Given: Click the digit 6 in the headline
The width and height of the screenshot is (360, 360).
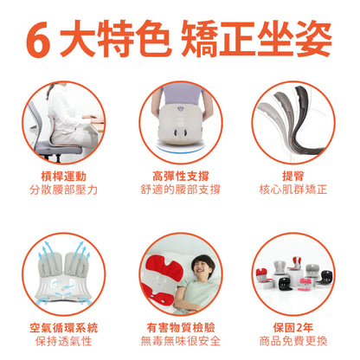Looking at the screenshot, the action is (38, 40).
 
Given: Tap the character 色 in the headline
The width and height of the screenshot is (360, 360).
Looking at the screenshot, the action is (152, 38).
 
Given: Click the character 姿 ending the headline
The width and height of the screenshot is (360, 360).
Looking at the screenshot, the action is (314, 38).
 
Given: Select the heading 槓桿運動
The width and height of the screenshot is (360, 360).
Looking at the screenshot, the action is (63, 176).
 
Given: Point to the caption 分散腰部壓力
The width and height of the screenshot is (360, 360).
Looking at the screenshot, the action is (63, 190).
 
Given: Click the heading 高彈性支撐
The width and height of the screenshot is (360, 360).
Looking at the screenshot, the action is (181, 176).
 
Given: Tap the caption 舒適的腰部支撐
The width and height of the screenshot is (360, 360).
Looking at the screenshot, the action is (181, 190).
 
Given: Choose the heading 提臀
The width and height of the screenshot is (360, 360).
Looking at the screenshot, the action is (293, 176).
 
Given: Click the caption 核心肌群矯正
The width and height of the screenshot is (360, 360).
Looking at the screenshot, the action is (293, 190).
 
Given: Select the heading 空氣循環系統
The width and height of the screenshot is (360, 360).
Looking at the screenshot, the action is (64, 328).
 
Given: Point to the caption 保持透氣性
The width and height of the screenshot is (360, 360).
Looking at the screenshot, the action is (64, 342).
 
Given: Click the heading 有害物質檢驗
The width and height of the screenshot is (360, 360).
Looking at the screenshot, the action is (181, 328).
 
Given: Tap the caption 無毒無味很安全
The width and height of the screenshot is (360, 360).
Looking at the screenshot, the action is (181, 341).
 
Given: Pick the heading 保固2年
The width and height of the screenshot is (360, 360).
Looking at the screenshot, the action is (293, 328).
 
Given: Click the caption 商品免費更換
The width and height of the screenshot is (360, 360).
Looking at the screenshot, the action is (293, 341).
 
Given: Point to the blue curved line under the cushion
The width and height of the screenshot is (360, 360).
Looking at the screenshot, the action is (180, 150).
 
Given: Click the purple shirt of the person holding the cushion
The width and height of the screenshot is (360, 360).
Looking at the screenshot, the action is (181, 94).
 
